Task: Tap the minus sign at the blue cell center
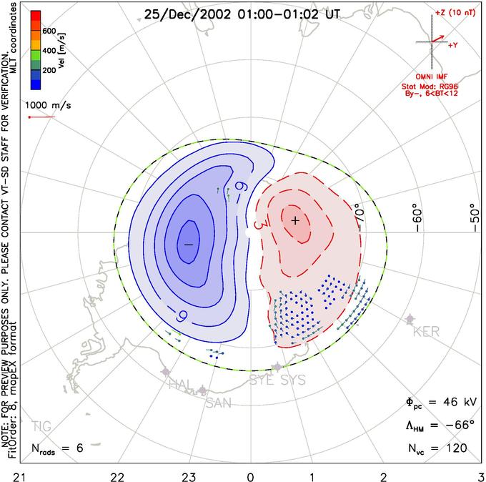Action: pos(189,245)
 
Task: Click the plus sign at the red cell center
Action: pos(295,220)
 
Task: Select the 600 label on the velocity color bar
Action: pos(49,31)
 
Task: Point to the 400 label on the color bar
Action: pos(49,51)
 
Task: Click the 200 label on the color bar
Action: pos(49,72)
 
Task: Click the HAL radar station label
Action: pos(179,385)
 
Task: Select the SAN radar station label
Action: pos(219,403)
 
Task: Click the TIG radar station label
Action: pos(41,427)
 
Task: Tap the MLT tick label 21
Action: pos(14,475)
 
